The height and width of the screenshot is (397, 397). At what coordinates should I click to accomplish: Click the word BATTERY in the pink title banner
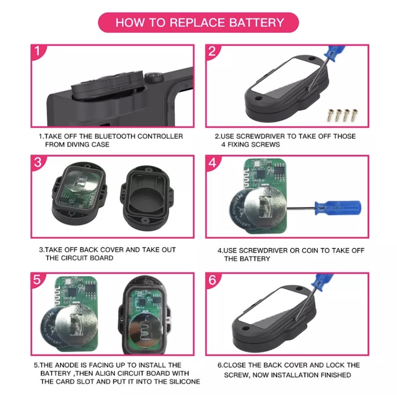pos(257,23)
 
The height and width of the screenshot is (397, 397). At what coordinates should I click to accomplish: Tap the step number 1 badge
pos(38,51)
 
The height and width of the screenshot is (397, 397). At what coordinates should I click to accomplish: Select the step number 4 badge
pos(212,163)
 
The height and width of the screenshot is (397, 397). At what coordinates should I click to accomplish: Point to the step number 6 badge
pos(212,280)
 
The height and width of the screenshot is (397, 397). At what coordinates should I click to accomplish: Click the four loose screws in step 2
pos(343,115)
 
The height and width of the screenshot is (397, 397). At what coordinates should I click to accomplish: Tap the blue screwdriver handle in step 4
pos(338,208)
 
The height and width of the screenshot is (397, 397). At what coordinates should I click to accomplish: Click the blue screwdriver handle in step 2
pos(335,52)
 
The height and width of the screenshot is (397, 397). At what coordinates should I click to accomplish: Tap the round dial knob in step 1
pos(154,77)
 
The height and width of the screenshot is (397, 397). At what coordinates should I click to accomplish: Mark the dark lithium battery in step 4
pos(240,209)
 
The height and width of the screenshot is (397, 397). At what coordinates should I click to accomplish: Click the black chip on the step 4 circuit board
pos(260,174)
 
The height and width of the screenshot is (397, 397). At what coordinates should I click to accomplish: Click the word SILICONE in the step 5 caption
pos(185,381)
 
